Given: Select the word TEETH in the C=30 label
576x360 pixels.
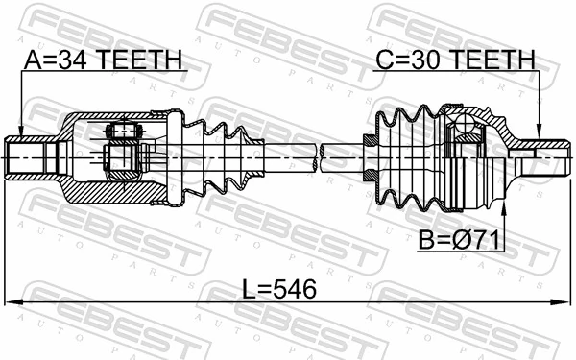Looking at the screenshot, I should (492, 60).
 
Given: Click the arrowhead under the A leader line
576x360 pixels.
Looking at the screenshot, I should (19, 132).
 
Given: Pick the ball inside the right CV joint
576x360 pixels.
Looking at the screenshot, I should (464, 126).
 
